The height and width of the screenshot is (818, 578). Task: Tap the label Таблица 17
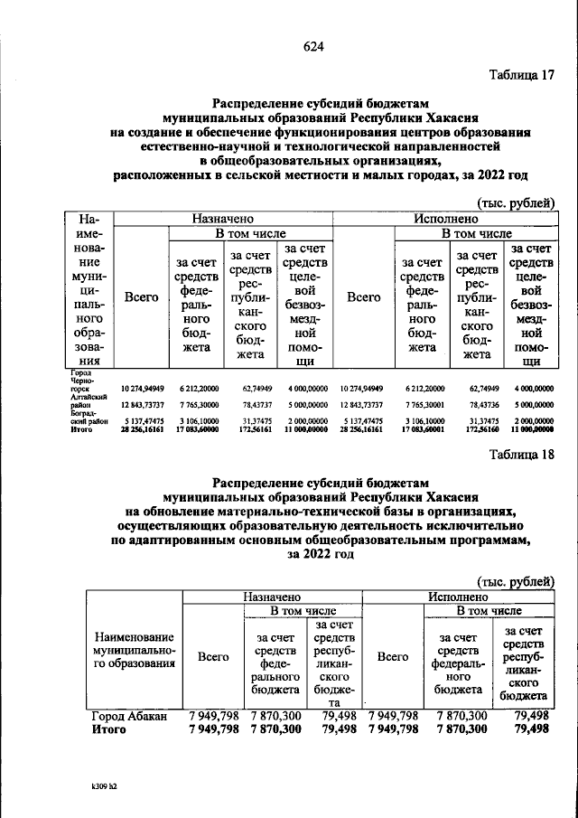coord(521,74)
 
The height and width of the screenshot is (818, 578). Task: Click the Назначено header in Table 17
coord(221,219)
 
